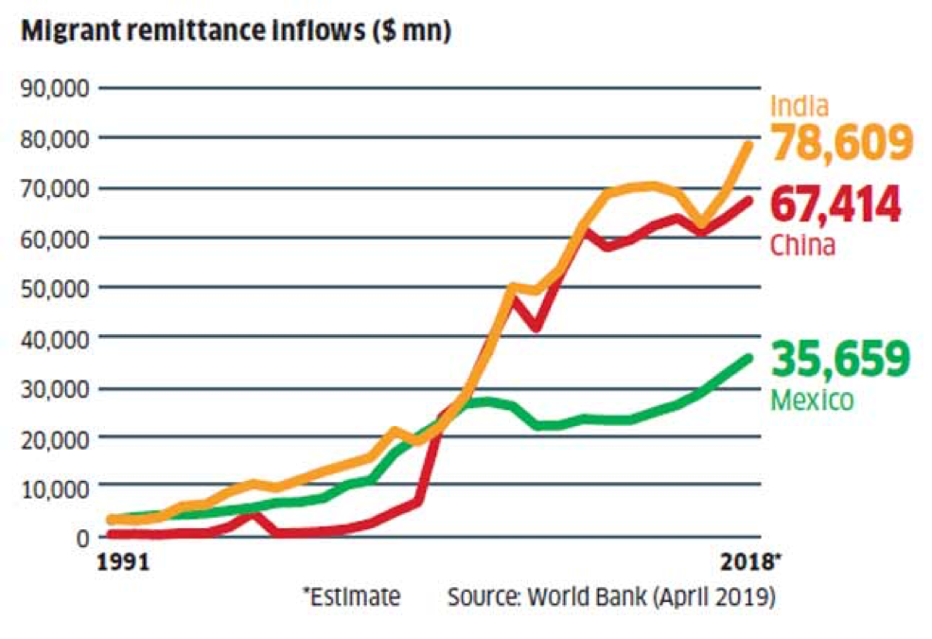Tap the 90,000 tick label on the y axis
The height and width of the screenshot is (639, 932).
click(x=54, y=88)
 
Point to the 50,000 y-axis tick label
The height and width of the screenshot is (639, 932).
click(x=54, y=288)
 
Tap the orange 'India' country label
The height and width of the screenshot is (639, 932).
click(x=800, y=106)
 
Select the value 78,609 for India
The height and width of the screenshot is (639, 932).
click(x=840, y=143)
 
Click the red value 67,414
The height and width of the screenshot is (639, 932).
click(x=835, y=205)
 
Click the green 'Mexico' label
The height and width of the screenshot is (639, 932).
click(x=812, y=400)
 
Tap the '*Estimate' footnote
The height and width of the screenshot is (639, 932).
click(x=351, y=597)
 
